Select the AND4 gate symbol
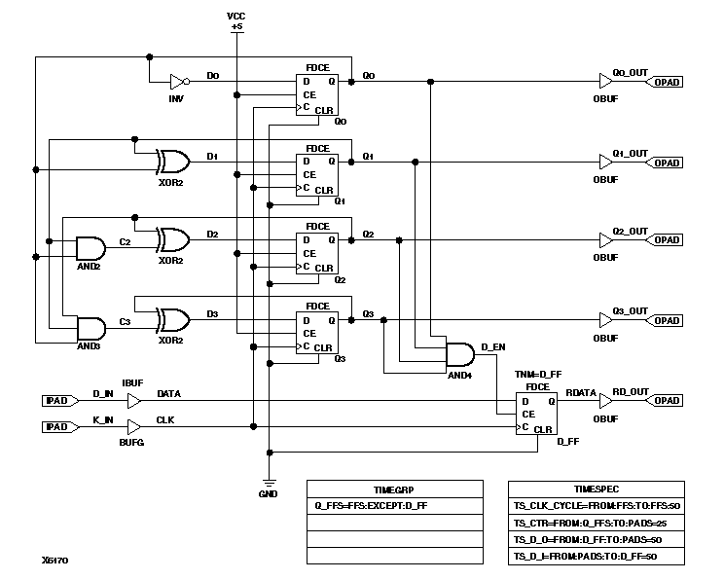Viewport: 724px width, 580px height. tap(458, 356)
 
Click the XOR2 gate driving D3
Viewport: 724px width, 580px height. tap(174, 320)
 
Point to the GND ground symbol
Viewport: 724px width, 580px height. tap(269, 484)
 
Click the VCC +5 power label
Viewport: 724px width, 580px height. tap(236, 21)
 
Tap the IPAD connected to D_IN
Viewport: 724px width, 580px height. tap(56, 400)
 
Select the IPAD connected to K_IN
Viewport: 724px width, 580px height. tap(56, 427)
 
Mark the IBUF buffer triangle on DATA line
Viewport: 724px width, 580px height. tap(134, 400)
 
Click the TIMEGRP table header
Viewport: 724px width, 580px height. tap(394, 489)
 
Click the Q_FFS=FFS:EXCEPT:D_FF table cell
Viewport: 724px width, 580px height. tap(394, 505)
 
